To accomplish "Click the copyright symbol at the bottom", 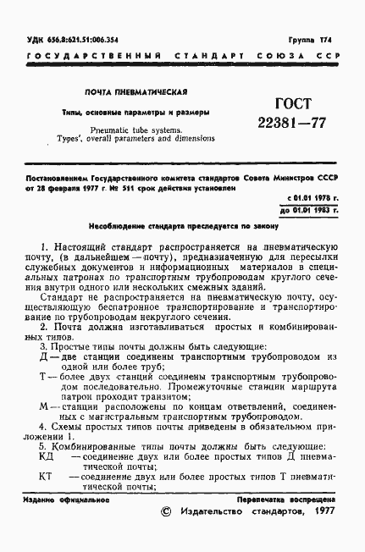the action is [x=167, y=511].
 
